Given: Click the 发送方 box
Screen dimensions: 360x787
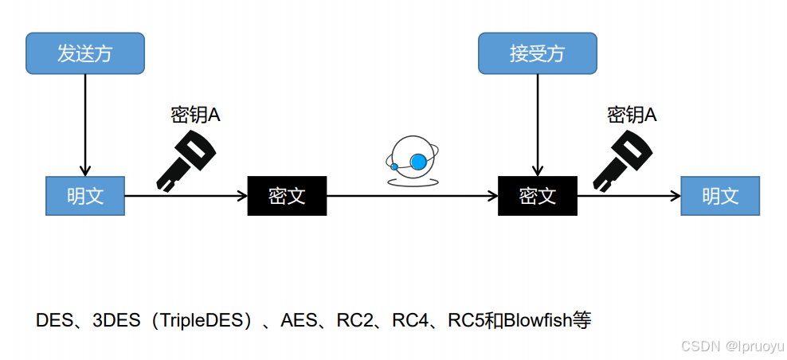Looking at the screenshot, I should tap(85, 53).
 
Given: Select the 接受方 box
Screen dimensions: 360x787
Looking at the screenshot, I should tap(538, 53).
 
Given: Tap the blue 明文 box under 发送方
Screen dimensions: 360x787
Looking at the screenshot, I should tap(85, 195).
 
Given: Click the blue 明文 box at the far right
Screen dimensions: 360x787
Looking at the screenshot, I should tap(720, 195).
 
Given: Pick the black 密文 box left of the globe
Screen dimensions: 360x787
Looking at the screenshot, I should tap(287, 195).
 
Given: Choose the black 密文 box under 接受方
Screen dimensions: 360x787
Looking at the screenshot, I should tap(537, 195).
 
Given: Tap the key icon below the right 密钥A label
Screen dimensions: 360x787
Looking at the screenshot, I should tap(622, 160).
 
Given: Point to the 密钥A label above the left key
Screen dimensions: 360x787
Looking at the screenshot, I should tap(195, 115).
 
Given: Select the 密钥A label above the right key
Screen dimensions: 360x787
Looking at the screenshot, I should tap(632, 115).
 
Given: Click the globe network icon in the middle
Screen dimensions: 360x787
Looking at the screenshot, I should tap(413, 162).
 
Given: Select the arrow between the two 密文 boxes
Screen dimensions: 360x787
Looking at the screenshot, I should tap(412, 195).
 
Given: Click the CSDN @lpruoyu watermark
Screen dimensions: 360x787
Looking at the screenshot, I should tap(733, 346).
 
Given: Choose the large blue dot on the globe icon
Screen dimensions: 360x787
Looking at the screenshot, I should tap(419, 162).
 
